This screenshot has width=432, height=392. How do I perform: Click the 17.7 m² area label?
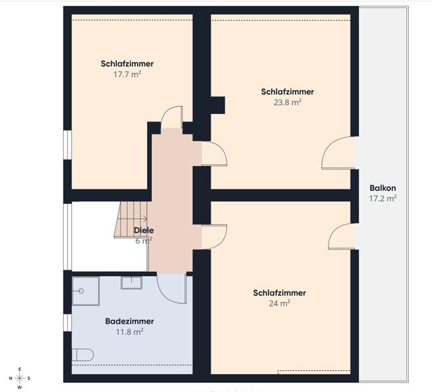pos(127,74)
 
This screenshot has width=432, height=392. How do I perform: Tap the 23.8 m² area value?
pos(288,103)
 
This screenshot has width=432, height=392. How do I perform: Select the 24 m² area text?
pos(280,303)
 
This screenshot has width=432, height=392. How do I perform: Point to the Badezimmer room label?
pos(129,321)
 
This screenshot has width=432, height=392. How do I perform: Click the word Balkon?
pos(383,188)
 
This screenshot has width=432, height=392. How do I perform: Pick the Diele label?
pos(144,230)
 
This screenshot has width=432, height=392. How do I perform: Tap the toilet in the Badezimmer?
pos(83,355)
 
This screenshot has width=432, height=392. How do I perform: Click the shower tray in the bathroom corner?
pos(85,291)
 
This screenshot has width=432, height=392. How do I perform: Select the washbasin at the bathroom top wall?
pos(132,283)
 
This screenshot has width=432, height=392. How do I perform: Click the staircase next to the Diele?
pos(131,220)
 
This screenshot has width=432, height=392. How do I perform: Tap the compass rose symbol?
pos(20,378)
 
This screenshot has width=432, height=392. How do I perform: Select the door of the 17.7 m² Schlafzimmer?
pos(172,117)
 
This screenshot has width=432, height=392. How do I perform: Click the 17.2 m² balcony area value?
pos(383,199)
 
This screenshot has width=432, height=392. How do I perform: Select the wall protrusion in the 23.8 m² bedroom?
pos(217,105)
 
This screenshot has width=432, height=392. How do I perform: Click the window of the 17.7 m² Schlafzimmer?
pos(68,145)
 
